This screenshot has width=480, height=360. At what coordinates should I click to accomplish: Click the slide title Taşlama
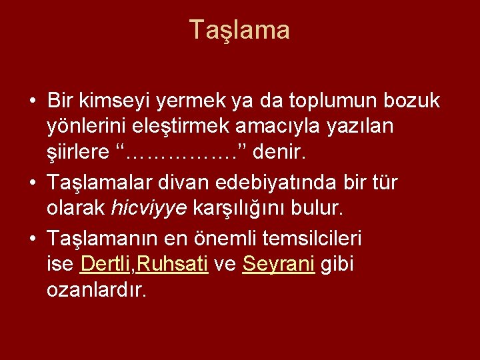point(239,30)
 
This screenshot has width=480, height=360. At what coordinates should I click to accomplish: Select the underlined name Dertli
point(106,265)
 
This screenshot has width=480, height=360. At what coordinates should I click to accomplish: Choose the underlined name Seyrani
point(279,265)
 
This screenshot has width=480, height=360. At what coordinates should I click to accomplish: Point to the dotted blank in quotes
point(181,153)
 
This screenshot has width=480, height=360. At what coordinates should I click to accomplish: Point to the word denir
point(279,153)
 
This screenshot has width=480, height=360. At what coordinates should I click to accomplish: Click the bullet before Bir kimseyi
point(33,102)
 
